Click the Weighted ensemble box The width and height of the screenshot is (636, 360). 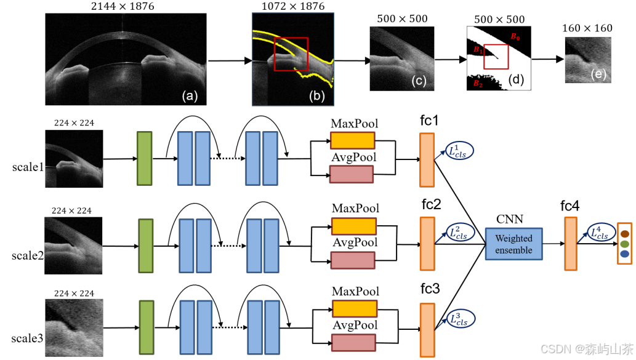click(513, 243)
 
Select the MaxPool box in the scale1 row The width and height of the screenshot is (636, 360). click(352, 141)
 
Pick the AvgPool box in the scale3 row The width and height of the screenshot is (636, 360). click(353, 343)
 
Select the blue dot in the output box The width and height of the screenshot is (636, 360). click(624, 254)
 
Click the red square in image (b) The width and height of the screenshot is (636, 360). click(291, 54)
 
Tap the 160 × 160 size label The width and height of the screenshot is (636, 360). click(587, 28)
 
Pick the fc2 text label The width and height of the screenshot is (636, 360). click(431, 204)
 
